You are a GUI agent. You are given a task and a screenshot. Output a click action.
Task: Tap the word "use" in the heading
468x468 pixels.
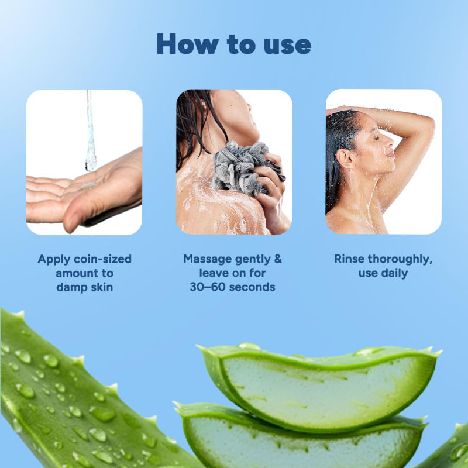click(x=285, y=44)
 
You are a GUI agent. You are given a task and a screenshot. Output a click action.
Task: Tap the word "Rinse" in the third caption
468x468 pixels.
click(x=350, y=259)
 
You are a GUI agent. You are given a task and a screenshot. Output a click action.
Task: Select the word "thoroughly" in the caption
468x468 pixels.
click(x=401, y=259)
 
